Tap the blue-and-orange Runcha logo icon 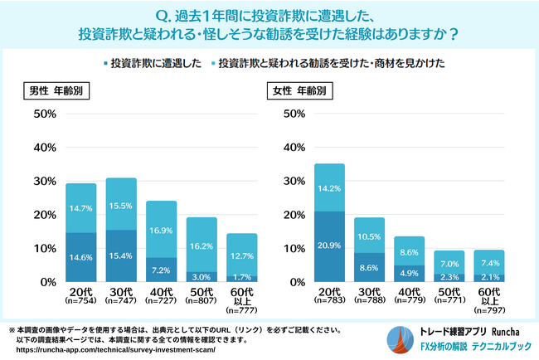399,338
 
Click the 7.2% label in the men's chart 163,270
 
